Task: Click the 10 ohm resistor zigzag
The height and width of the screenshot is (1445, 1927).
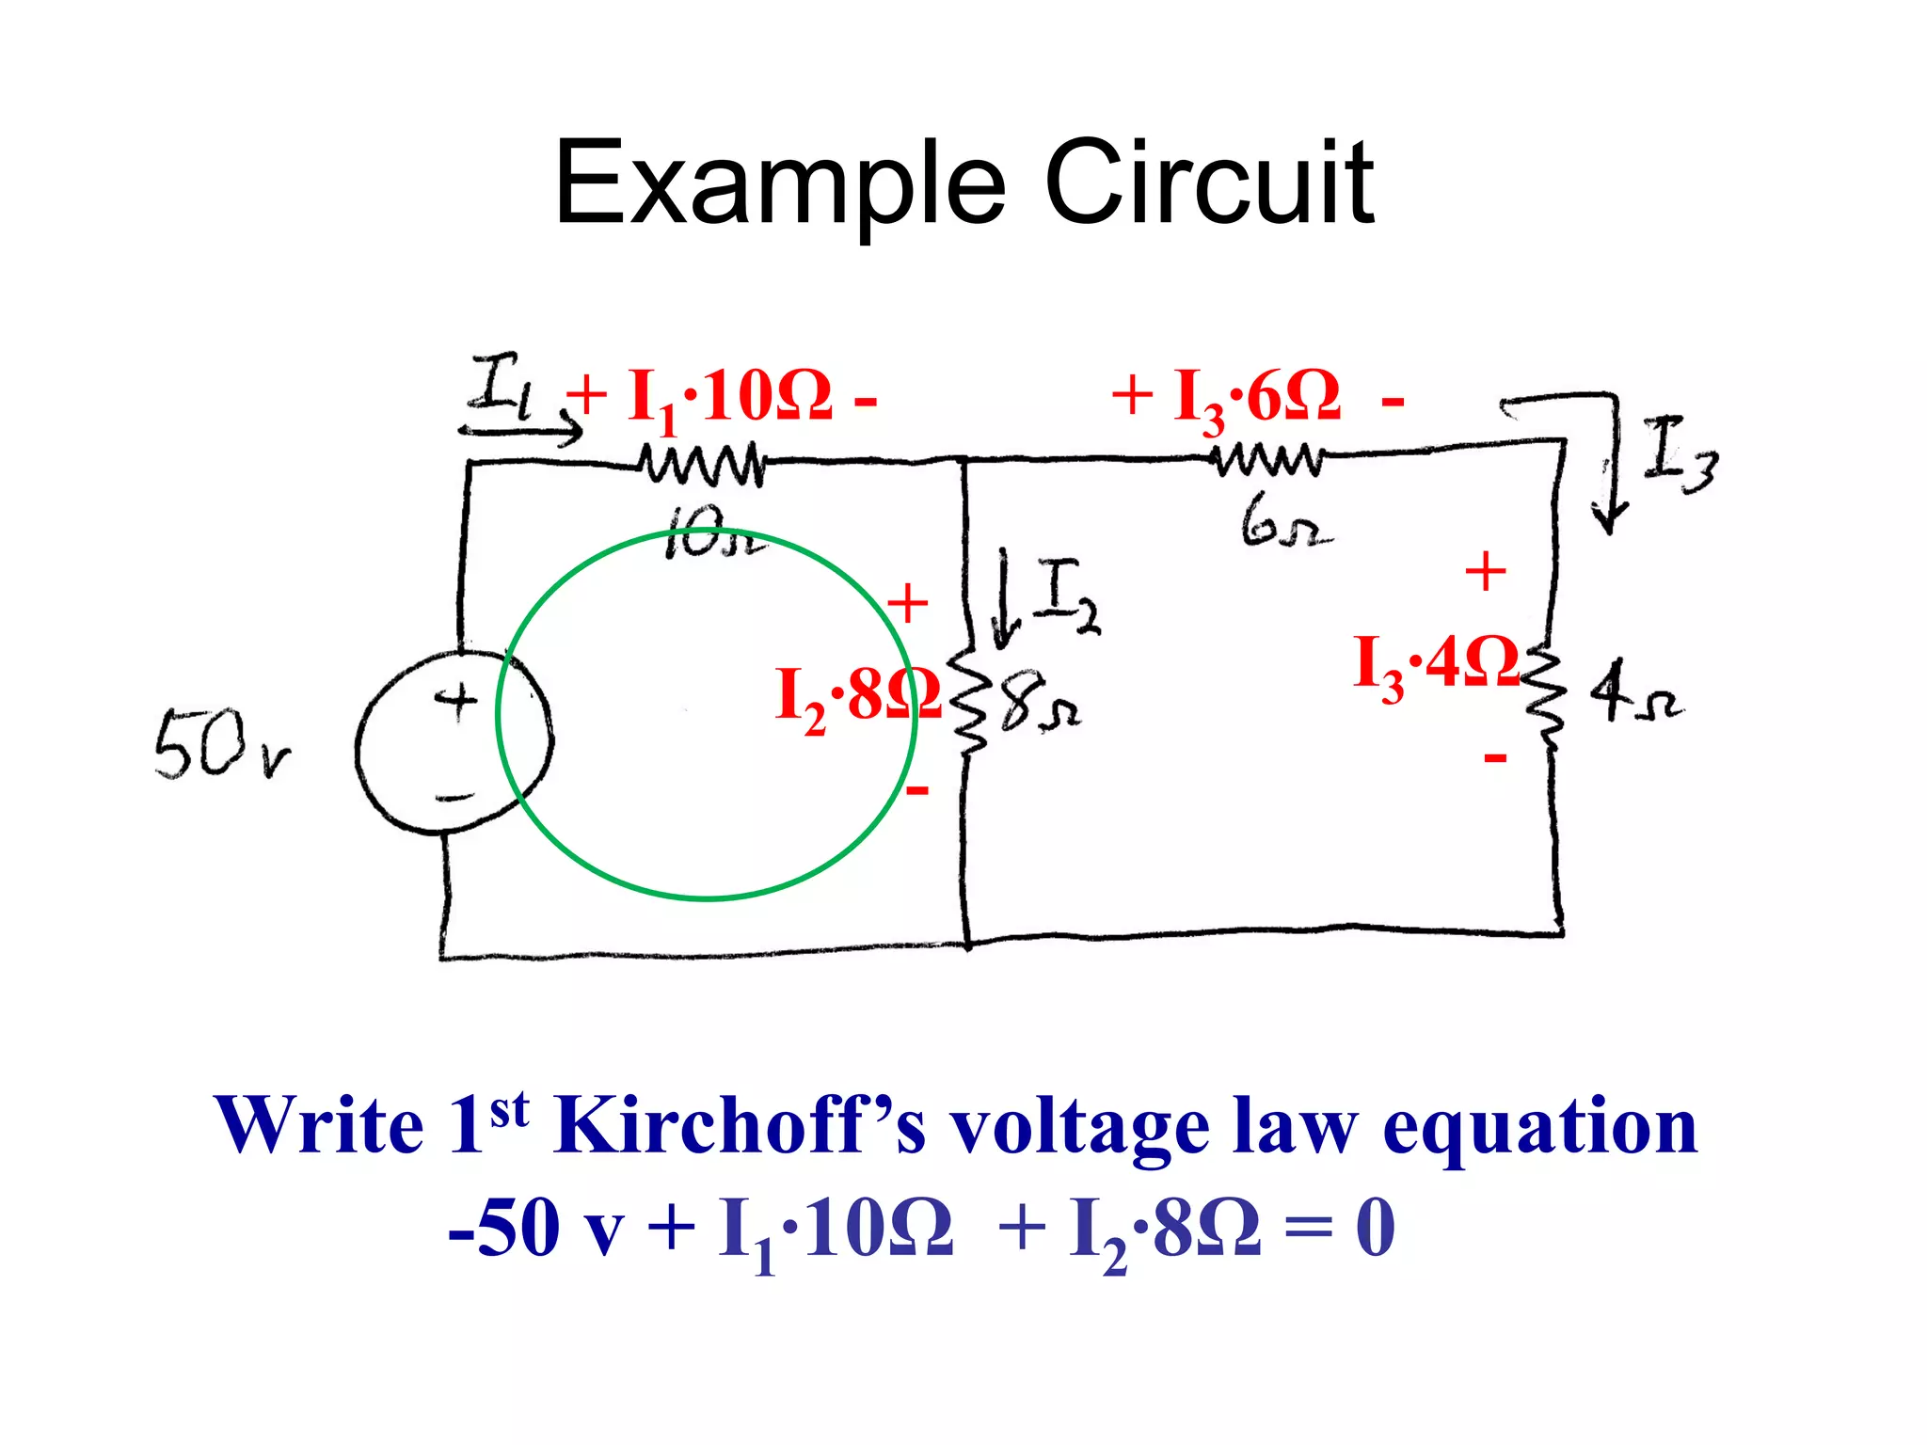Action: [702, 464]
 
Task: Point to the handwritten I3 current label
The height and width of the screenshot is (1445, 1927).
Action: [1680, 454]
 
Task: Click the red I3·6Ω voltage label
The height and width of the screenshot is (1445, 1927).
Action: [1256, 398]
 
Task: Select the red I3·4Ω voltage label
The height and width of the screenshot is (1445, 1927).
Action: [1435, 666]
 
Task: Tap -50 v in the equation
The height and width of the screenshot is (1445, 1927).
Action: [536, 1228]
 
